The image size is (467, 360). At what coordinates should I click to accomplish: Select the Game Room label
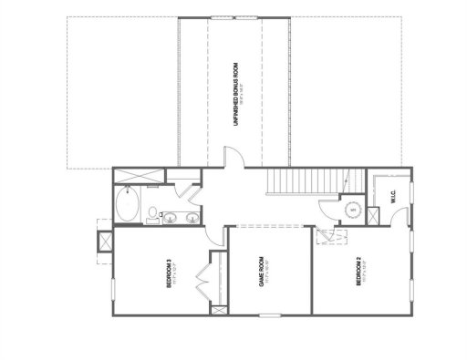264,271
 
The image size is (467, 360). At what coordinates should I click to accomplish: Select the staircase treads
296,183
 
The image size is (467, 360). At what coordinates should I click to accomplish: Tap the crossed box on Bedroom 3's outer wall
102,241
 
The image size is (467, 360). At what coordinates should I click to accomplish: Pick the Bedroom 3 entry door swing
216,235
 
